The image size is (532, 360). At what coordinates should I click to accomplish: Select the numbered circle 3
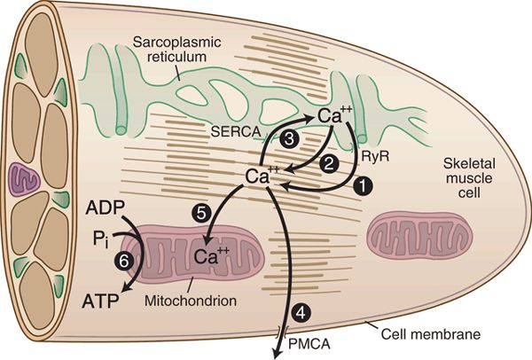point(287,139)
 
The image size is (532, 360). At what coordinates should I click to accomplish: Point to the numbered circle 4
point(302,312)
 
